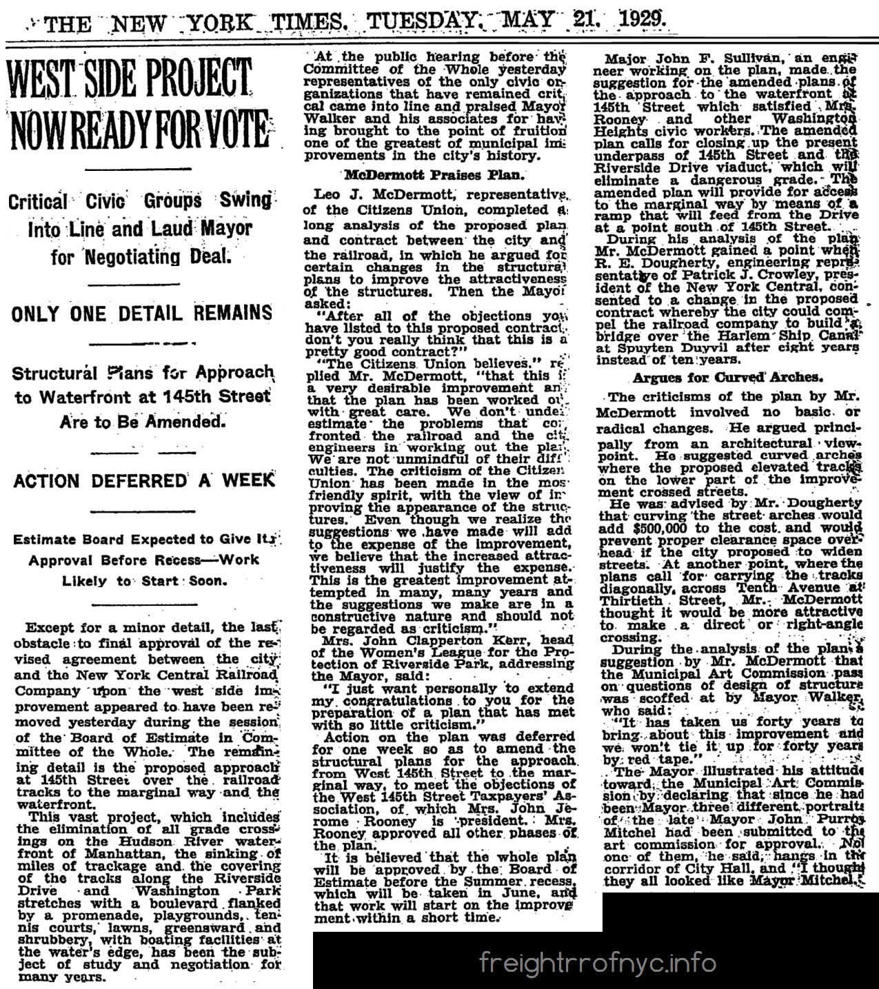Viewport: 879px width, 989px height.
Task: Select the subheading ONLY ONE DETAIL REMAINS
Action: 142,312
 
